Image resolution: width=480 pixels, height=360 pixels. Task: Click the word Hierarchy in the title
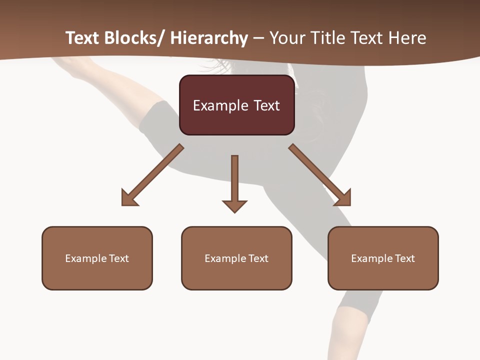[x=209, y=38]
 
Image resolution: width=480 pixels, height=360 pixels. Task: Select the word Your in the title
[x=287, y=38]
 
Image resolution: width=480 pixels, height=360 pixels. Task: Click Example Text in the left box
[x=97, y=258]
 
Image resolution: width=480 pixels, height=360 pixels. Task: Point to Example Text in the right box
[x=383, y=258]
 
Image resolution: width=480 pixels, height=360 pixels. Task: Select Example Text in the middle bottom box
[x=236, y=258]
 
